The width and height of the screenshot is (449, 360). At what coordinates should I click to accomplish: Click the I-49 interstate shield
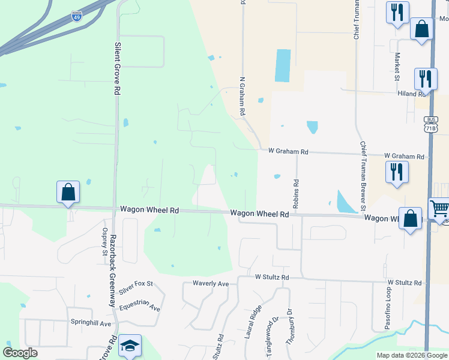[76, 16]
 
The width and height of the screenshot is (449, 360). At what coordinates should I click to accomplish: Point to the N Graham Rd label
[243, 95]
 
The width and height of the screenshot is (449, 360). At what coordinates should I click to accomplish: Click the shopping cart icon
[439, 208]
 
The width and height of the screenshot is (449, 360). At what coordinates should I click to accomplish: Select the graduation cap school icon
[130, 346]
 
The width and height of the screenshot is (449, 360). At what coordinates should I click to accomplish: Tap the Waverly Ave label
[211, 283]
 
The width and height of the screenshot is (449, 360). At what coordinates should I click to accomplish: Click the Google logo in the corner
[20, 353]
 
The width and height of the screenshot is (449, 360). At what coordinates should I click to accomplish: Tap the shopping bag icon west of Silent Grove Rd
[68, 193]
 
